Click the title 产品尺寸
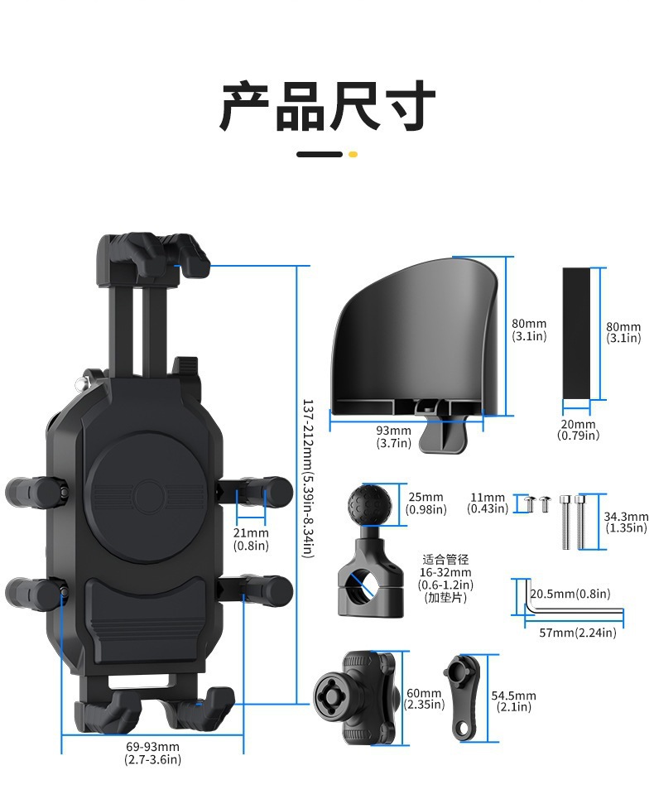pyautogui.click(x=327, y=105)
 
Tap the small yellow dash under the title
pyautogui.click(x=353, y=154)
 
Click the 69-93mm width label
pyautogui.click(x=152, y=753)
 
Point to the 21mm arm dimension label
pyautogui.click(x=250, y=538)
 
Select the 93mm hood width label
pyautogui.click(x=393, y=436)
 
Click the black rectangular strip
pyautogui.click(x=577, y=333)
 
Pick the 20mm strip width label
pyautogui.click(x=578, y=429)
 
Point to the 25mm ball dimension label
pyautogui.click(x=426, y=503)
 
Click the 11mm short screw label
pyautogui.click(x=488, y=503)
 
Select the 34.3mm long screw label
pyautogui.click(x=627, y=522)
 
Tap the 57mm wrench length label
pyautogui.click(x=578, y=633)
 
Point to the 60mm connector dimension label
pyautogui.click(x=424, y=699)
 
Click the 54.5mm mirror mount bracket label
pyautogui.click(x=513, y=701)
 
